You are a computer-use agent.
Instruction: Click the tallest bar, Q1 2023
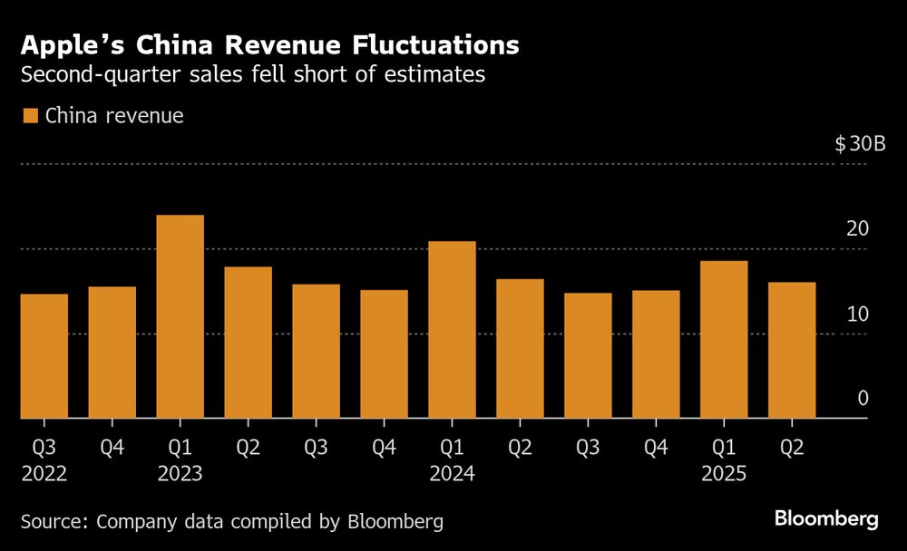point(180,317)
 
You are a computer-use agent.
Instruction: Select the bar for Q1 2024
point(452,330)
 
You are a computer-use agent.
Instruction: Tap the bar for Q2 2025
point(792,351)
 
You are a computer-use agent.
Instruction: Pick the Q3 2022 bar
point(44,356)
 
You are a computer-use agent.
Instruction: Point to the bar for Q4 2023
point(384,354)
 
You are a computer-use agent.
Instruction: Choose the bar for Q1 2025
point(724,340)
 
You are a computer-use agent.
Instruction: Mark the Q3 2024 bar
point(588,356)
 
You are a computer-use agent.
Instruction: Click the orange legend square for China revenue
point(30,116)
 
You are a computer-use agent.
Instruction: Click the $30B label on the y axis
point(853,144)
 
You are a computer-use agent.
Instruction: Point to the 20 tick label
point(857,228)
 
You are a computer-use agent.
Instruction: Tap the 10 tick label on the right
point(857,314)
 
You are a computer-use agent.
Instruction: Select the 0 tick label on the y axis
point(863,399)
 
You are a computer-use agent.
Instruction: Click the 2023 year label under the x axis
point(180,472)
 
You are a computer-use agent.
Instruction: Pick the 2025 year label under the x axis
point(724,472)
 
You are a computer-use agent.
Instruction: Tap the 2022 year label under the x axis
point(44,472)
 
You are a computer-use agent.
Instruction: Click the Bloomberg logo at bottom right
point(826,519)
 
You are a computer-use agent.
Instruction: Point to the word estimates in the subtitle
point(438,75)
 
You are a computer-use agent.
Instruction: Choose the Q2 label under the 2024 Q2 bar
point(520,447)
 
